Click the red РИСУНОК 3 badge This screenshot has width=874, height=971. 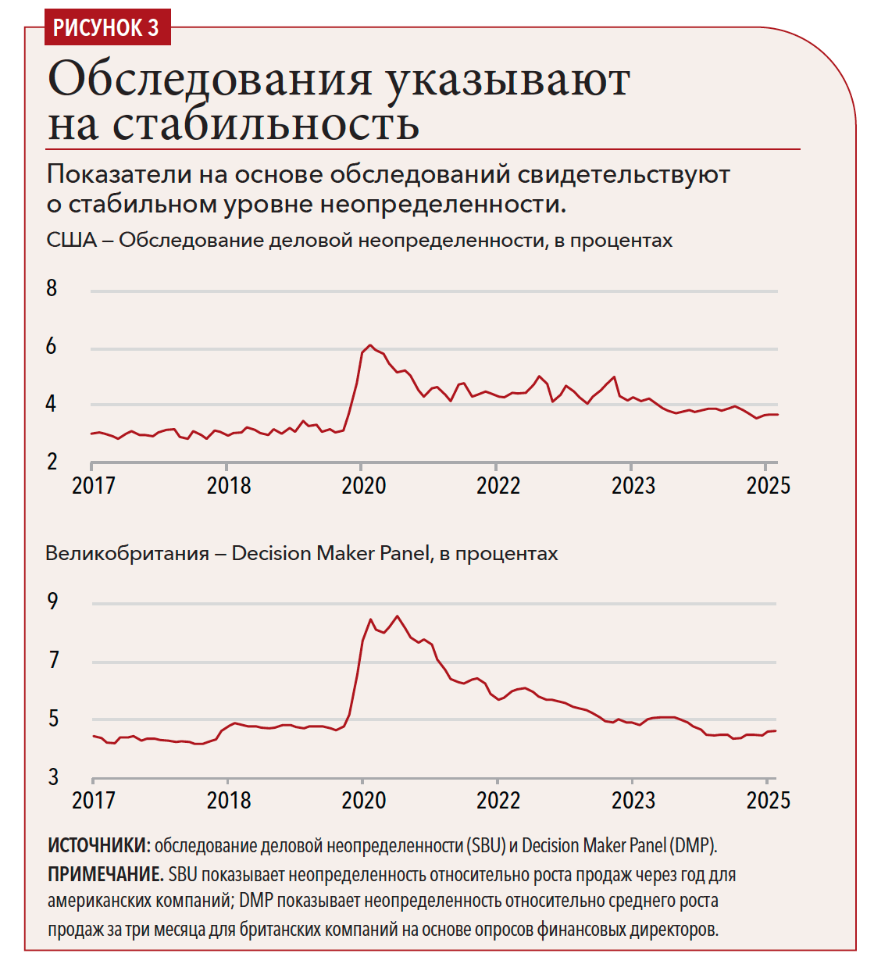coord(105,27)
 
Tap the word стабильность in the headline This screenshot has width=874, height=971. coord(266,124)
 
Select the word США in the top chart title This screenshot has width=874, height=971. coord(71,240)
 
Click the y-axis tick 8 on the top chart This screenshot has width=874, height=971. coord(52,288)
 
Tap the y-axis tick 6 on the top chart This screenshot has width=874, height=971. coord(52,346)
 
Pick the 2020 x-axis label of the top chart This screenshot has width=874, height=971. coord(363,486)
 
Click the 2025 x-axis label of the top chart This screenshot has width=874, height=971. coord(768,486)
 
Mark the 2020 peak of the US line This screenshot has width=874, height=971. coord(370,345)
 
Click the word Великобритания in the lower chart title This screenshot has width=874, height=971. coord(127,554)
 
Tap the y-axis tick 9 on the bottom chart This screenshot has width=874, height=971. coord(52,602)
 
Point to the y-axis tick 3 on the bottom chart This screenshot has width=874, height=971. coord(53,777)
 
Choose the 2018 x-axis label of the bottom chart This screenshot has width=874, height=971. coord(228,801)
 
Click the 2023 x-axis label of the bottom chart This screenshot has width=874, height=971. coord(633,801)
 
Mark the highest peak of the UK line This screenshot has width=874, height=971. coord(398,616)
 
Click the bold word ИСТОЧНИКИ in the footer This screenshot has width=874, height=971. coord(98,845)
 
